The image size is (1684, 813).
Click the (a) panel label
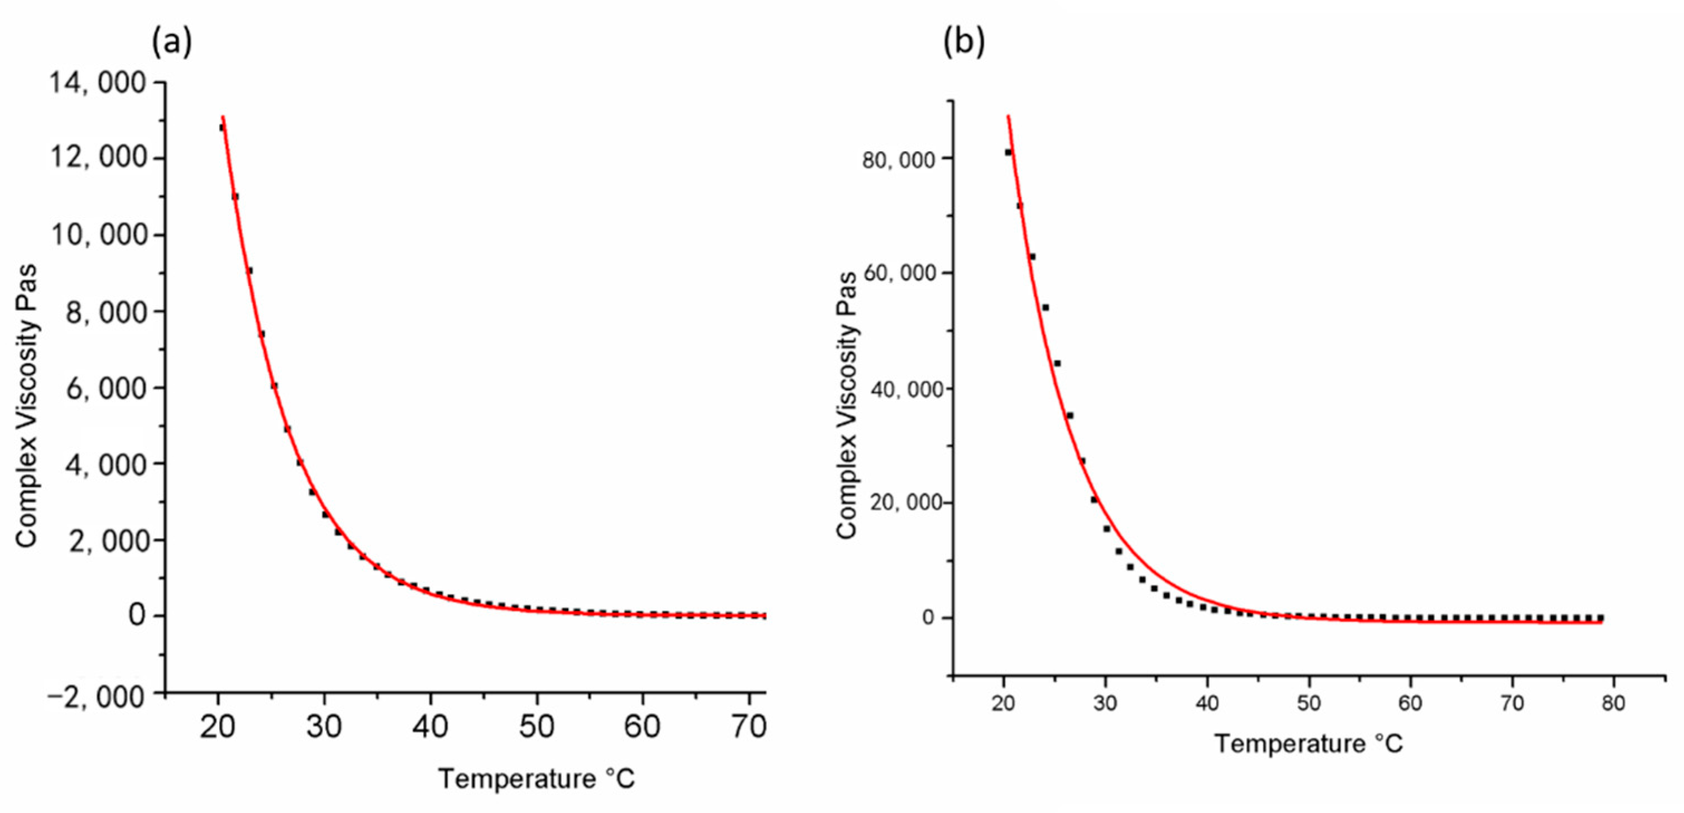(172, 43)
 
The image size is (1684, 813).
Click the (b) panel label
(964, 43)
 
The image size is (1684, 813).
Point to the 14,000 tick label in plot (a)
(98, 83)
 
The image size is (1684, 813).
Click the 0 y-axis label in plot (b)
(928, 618)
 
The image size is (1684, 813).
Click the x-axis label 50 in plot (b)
(1309, 704)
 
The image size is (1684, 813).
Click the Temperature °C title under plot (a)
(536, 779)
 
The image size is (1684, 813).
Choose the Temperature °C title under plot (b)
(1309, 744)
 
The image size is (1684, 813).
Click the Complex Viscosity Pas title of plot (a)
(26, 405)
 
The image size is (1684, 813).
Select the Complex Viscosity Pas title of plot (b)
(847, 405)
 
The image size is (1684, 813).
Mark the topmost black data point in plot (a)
(222, 128)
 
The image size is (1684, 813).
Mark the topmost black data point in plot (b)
(1008, 152)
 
